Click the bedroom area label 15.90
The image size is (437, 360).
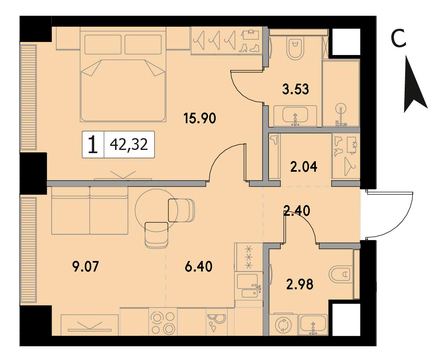(200, 118)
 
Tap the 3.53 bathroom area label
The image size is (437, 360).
(296, 90)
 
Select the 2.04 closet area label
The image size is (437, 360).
(303, 167)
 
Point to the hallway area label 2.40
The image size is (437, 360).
(296, 211)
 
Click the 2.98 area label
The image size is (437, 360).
(300, 284)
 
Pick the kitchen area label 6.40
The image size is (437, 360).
(198, 267)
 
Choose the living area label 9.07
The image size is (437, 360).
(85, 267)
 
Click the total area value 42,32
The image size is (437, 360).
(129, 145)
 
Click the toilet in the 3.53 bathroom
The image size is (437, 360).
(296, 49)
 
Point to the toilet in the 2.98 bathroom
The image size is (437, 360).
(341, 274)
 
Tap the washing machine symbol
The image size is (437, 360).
(283, 325)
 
